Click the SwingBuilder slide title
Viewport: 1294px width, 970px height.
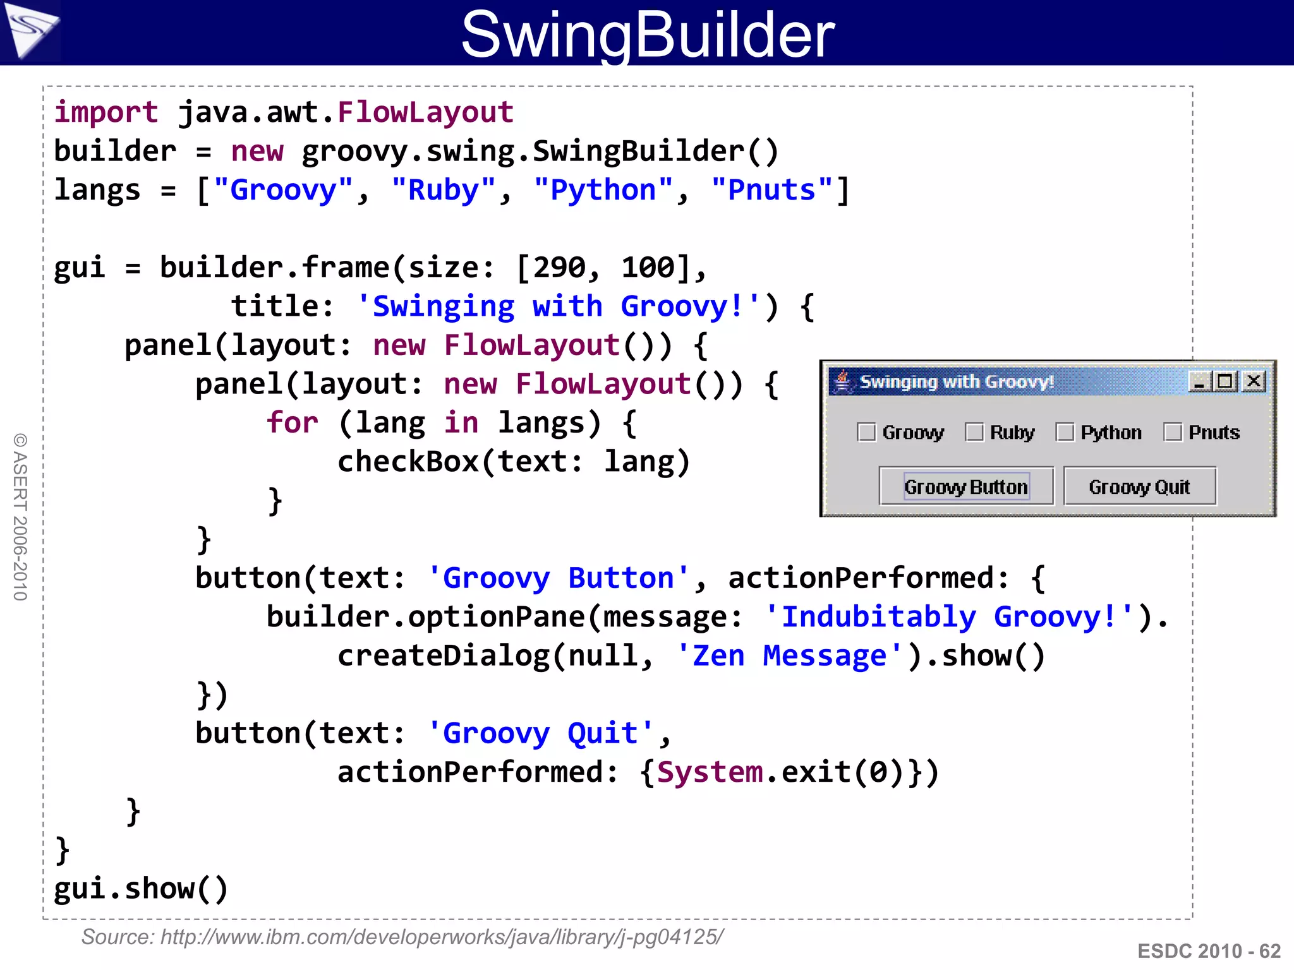tap(648, 34)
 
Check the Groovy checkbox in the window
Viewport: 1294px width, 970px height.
tap(866, 433)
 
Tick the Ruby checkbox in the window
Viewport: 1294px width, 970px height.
tap(974, 433)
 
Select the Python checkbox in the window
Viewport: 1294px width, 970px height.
tap(1065, 433)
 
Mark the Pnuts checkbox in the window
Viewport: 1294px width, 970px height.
tap(1173, 433)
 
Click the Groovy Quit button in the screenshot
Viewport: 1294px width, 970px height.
tap(1139, 487)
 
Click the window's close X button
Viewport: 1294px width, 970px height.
tap(1254, 381)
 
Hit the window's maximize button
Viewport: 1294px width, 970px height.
tap(1225, 381)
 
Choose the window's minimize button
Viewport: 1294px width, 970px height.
tap(1199, 381)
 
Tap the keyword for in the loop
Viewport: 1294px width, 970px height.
tap(292, 422)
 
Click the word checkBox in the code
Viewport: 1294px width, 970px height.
tap(408, 462)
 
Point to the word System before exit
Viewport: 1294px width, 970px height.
tap(710, 772)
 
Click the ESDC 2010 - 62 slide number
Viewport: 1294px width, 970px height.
tap(1209, 951)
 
